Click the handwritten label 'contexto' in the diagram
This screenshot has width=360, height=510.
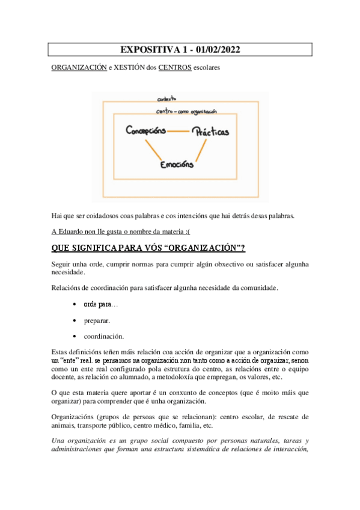tap(166, 99)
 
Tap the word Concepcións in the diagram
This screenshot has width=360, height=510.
tap(146, 131)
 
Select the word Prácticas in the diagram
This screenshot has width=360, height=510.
tap(210, 131)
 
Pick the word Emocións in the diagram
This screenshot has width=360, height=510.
tap(177, 164)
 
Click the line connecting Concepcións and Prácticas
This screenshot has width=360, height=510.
tap(178, 131)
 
